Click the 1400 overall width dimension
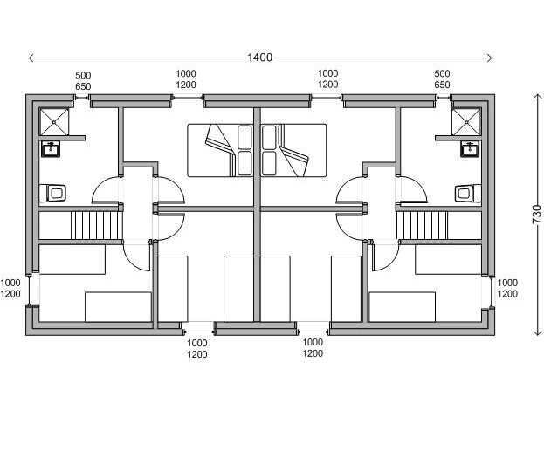point(259,58)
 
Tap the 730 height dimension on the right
point(537,215)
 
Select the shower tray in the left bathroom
point(54,121)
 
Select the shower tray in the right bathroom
point(466,121)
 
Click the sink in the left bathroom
point(51,148)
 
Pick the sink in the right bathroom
point(470,148)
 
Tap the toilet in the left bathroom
point(52,193)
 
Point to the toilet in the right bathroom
point(468,193)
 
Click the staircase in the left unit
point(96,225)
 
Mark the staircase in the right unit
point(422,225)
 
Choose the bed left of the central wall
point(220,150)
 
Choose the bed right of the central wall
point(293,150)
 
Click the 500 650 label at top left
point(83,81)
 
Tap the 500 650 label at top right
point(442,79)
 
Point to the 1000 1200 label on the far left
point(10,288)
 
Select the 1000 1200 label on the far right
point(507,288)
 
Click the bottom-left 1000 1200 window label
point(197,348)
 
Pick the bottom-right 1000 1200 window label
point(313,348)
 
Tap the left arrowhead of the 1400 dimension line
point(30,58)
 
